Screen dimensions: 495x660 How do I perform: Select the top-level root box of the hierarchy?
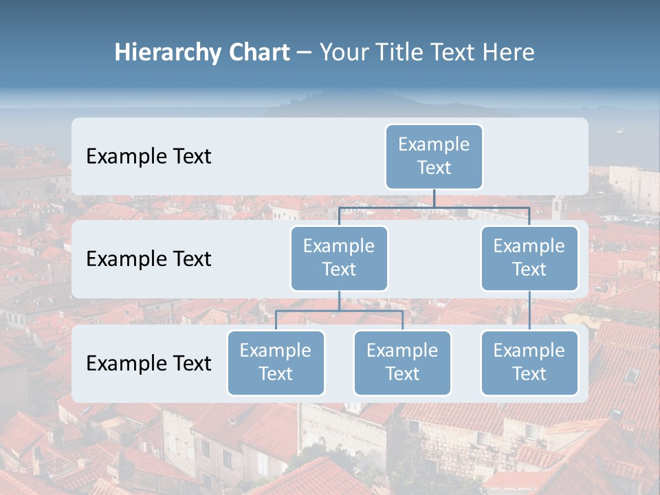coord(434,157)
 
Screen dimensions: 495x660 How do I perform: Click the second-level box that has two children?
coord(339,258)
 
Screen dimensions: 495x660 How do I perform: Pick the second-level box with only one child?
coord(529,258)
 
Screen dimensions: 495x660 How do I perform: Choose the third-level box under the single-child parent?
coord(529,363)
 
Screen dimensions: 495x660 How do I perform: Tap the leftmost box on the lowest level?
coord(276,363)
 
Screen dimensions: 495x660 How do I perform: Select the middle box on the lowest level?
coord(402,363)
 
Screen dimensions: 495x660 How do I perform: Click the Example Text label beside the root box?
coord(148,157)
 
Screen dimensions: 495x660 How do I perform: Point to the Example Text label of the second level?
coord(148,259)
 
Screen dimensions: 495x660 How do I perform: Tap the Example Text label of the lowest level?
coord(148,364)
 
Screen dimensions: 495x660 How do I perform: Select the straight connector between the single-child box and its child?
coord(529,311)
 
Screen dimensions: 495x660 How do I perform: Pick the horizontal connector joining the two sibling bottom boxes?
coord(339,311)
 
